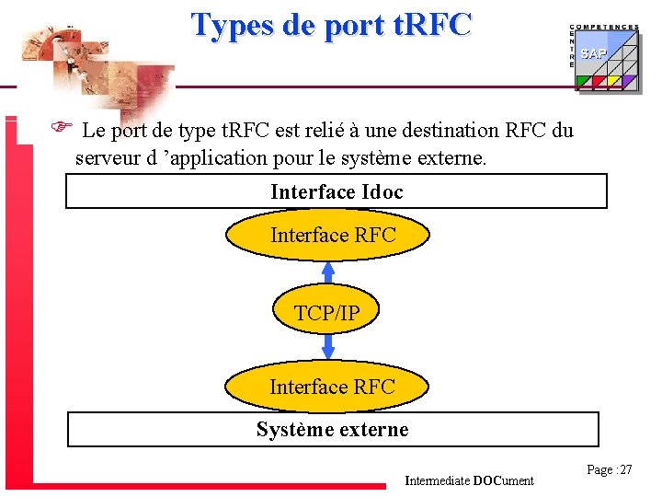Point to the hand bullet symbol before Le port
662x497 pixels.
point(56,129)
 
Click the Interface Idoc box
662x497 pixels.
point(337,191)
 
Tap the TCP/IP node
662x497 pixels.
point(327,313)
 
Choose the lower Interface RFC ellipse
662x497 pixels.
point(331,387)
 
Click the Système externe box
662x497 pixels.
point(333,430)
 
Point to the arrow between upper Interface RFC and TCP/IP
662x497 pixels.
point(328,272)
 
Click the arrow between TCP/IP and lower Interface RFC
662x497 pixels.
point(328,347)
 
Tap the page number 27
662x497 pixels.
point(610,470)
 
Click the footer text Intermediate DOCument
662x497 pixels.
point(469,480)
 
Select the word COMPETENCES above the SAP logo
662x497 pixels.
point(604,28)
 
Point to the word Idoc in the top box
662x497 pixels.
point(382,191)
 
